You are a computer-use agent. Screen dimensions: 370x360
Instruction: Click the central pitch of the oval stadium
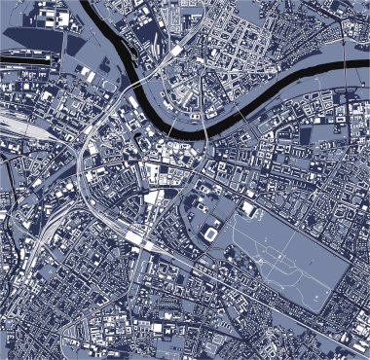[x=211, y=234]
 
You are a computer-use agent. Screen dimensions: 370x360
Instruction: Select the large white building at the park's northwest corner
[x=249, y=209]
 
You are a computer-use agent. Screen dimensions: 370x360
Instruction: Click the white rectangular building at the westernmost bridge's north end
[x=176, y=50]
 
